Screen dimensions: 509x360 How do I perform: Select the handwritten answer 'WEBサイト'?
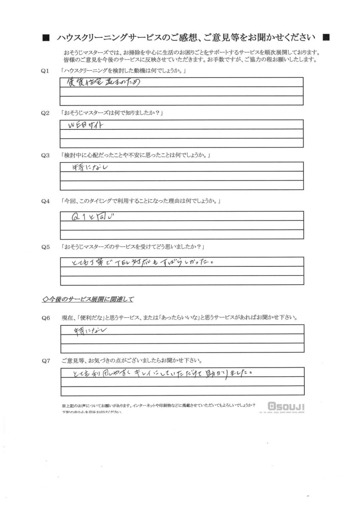[86, 126]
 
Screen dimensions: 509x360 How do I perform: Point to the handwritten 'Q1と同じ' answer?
[94, 217]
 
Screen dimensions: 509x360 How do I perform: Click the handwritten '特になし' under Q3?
[88, 168]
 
